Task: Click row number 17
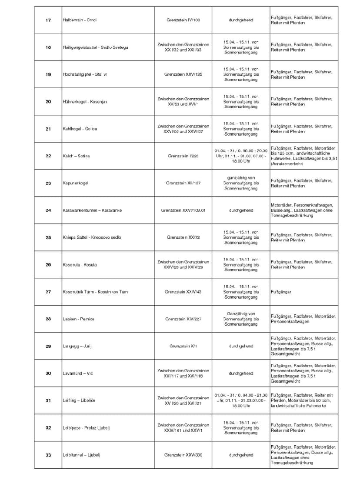[48, 20]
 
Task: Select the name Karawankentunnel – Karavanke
[92, 210]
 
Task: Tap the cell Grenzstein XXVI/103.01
[183, 210]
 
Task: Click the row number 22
[48, 156]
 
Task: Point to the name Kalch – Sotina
[76, 156]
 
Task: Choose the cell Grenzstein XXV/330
[183, 455]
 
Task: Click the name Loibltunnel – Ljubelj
[81, 455]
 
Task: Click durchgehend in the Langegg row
[241, 346]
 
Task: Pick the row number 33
[48, 455]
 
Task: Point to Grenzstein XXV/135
[183, 74]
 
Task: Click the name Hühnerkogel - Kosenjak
[85, 102]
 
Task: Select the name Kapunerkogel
[76, 183]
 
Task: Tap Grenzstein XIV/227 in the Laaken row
[183, 319]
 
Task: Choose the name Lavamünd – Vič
[78, 374]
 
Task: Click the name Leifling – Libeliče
[79, 400]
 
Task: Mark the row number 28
[48, 319]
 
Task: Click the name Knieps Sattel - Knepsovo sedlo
[92, 237]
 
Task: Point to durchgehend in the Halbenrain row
[241, 20]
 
